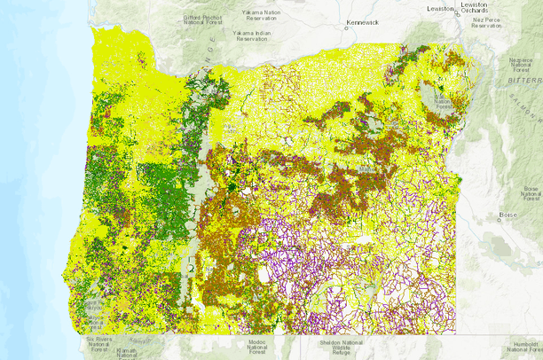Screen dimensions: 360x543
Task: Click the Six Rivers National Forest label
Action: (x=102, y=342)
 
